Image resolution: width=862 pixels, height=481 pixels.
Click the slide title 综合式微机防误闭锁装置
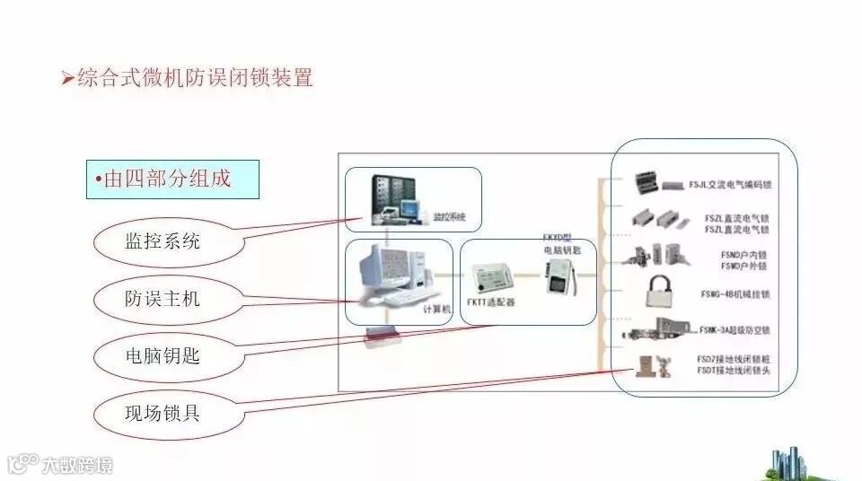pos(195,78)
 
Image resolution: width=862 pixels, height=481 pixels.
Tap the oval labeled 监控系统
pos(162,240)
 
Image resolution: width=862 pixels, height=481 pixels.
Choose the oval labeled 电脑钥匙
pos(162,356)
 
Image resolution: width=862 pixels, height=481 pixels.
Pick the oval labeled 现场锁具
pos(162,414)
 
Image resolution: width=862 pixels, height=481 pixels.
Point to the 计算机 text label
pos(434,309)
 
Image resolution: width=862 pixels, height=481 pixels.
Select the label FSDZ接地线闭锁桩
pos(733,359)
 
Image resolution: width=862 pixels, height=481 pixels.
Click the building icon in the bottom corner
pos(790,462)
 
